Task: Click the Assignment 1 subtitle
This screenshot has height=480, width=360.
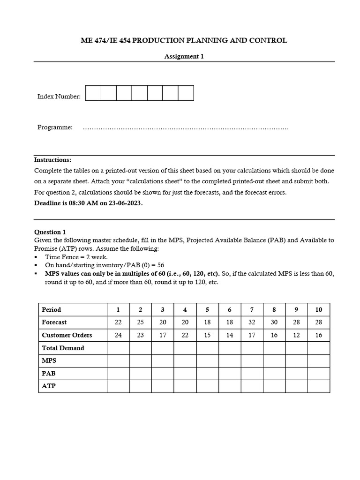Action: point(184,56)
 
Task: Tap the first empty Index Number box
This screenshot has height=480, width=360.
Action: point(93,93)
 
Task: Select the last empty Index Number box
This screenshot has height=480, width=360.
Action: point(186,93)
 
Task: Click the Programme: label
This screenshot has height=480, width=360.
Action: point(55,127)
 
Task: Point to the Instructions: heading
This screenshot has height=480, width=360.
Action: point(52,160)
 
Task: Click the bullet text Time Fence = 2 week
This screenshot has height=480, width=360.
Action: point(76,257)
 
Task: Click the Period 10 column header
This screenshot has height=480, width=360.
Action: point(319,309)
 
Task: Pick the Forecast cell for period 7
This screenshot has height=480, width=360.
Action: point(252,322)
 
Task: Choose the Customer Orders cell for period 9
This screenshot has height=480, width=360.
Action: point(296,335)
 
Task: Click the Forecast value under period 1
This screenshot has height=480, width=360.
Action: point(118,322)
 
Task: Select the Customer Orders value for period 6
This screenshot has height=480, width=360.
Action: point(229,335)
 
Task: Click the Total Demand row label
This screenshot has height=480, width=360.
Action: point(63,348)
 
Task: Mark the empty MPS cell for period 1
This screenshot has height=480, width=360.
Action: point(118,360)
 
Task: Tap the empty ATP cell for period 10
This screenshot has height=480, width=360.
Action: point(319,386)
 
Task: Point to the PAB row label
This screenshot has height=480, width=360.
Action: point(49,374)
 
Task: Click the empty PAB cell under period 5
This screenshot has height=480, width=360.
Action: point(207,374)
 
